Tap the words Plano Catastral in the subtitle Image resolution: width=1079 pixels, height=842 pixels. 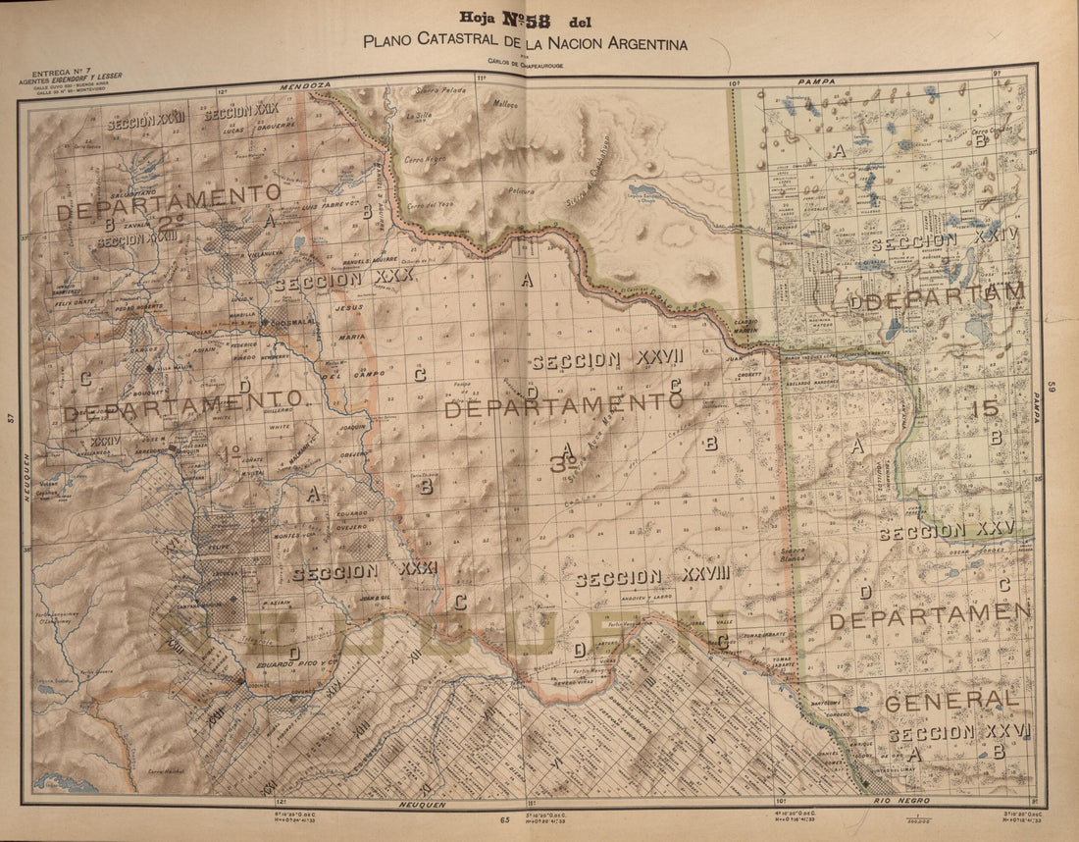pyautogui.click(x=424, y=42)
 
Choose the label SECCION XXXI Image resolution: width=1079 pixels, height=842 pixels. pyautogui.click(x=364, y=571)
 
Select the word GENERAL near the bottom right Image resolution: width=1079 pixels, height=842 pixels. pyautogui.click(x=951, y=700)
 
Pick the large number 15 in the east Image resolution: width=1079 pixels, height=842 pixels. pyautogui.click(x=984, y=409)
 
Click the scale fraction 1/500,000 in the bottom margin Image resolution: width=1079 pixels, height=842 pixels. pyautogui.click(x=918, y=814)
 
